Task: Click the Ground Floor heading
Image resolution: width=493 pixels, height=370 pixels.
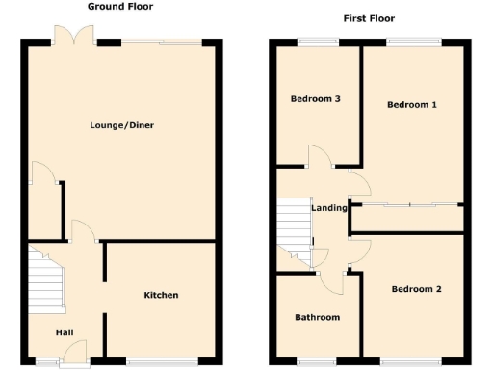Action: point(120,6)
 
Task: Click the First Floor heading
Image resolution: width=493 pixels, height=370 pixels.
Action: point(369,18)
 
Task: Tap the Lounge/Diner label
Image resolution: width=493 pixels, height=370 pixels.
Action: point(122,125)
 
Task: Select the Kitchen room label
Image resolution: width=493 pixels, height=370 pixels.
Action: point(161,295)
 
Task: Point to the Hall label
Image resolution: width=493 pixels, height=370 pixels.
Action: point(64,332)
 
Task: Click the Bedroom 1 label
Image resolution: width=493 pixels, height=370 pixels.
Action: point(412,104)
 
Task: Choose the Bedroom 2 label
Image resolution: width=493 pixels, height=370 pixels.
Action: point(416,289)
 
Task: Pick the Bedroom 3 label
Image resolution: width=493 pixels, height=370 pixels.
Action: point(315,99)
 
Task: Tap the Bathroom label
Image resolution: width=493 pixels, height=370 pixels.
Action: point(317,317)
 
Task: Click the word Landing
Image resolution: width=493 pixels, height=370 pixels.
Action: point(329,207)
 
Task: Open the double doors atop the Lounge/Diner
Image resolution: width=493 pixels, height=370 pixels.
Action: point(73,37)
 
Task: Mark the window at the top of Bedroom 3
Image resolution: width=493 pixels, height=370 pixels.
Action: point(315,40)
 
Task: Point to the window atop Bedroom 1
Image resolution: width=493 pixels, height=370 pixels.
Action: point(415,40)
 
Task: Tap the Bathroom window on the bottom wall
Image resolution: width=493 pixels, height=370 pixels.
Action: point(317,361)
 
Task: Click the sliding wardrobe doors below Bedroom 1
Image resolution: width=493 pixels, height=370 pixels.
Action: point(409,204)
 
